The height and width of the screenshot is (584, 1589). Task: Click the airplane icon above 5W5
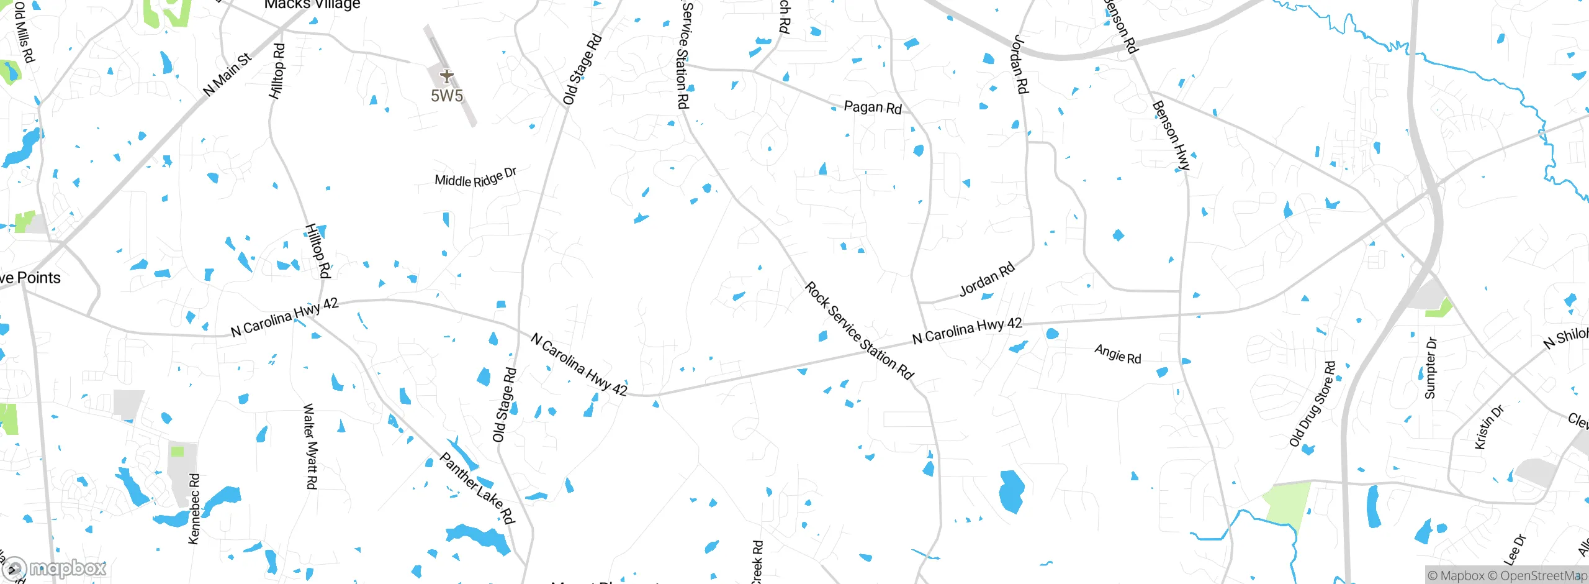point(447,76)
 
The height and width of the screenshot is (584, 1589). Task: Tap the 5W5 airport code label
point(447,96)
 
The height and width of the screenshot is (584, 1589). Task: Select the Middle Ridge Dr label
point(475,178)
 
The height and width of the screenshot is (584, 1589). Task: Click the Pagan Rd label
point(873,107)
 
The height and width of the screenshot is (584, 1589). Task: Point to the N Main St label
point(227,75)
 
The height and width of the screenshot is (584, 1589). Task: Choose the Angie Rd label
point(1118,354)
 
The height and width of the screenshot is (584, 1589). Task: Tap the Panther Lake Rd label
point(477,488)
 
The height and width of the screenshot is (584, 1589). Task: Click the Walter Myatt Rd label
point(310,445)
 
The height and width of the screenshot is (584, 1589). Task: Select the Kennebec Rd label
point(194,509)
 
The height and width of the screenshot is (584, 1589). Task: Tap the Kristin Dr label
point(1489,427)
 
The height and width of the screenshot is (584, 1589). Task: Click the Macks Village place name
point(312,5)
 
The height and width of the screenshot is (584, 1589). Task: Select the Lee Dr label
point(1515,549)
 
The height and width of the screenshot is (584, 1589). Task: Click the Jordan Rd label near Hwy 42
point(987,279)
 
